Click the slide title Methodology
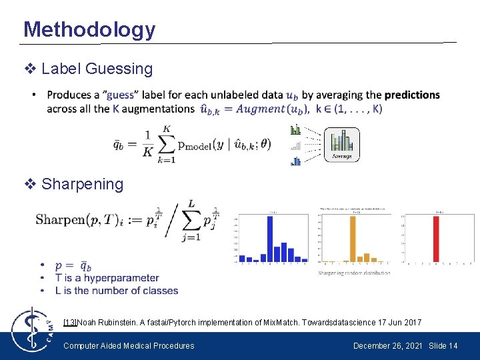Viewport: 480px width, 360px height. pyautogui.click(x=89, y=29)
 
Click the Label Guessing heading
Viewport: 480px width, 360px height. pyautogui.click(x=97, y=69)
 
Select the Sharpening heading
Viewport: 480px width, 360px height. pyautogui.click(x=82, y=184)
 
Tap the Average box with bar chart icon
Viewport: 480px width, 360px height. pyautogui.click(x=341, y=144)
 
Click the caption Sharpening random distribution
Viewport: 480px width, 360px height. pyautogui.click(x=354, y=273)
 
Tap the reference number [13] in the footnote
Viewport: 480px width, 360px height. pyautogui.click(x=70, y=323)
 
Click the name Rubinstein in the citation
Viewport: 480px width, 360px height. pyautogui.click(x=119, y=323)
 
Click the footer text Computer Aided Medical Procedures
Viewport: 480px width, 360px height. pyautogui.click(x=129, y=345)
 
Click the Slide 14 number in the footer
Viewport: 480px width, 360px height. pyautogui.click(x=443, y=345)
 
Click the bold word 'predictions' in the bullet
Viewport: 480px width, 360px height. pyautogui.click(x=412, y=95)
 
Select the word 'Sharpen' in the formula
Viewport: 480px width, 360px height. pyautogui.click(x=59, y=220)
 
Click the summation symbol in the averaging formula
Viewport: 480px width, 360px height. pyautogui.click(x=168, y=146)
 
